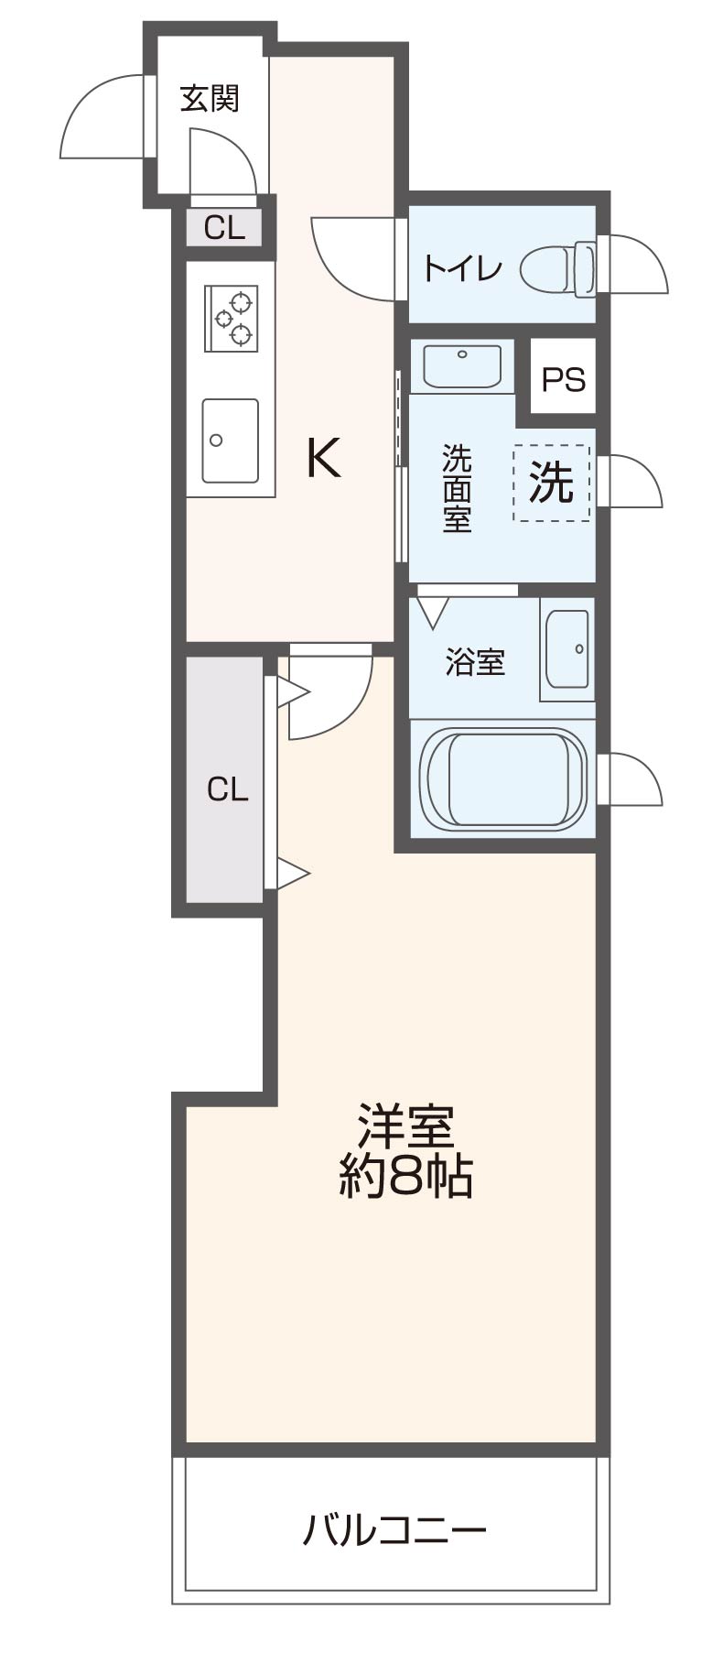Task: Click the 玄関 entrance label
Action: coord(210,98)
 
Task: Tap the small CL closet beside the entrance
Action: coord(224,227)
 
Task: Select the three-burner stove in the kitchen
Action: coord(232,318)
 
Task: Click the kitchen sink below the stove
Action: coord(230,440)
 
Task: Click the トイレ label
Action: coord(462,268)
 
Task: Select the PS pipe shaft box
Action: coord(563,378)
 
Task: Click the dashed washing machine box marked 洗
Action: coord(552,483)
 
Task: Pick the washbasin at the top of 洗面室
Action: coord(462,365)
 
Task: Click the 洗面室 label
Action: coord(457,488)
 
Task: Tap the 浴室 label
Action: coord(475,661)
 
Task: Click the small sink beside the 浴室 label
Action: coord(567,649)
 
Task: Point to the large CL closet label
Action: coord(227,788)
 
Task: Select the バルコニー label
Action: coord(394,1529)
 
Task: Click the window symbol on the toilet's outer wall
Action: coord(631,266)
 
